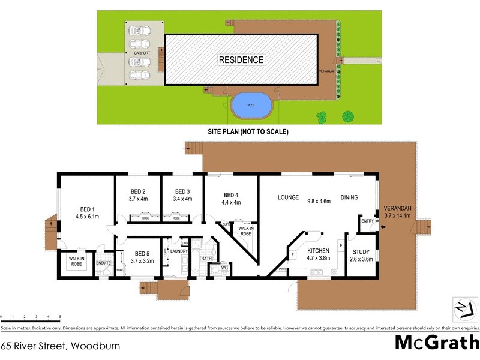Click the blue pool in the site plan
click(x=251, y=106)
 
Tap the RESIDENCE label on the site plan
click(x=241, y=60)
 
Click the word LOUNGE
click(x=288, y=197)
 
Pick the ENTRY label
click(x=367, y=222)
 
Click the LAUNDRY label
click(x=179, y=251)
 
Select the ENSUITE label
click(x=104, y=262)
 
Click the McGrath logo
click(x=437, y=343)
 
